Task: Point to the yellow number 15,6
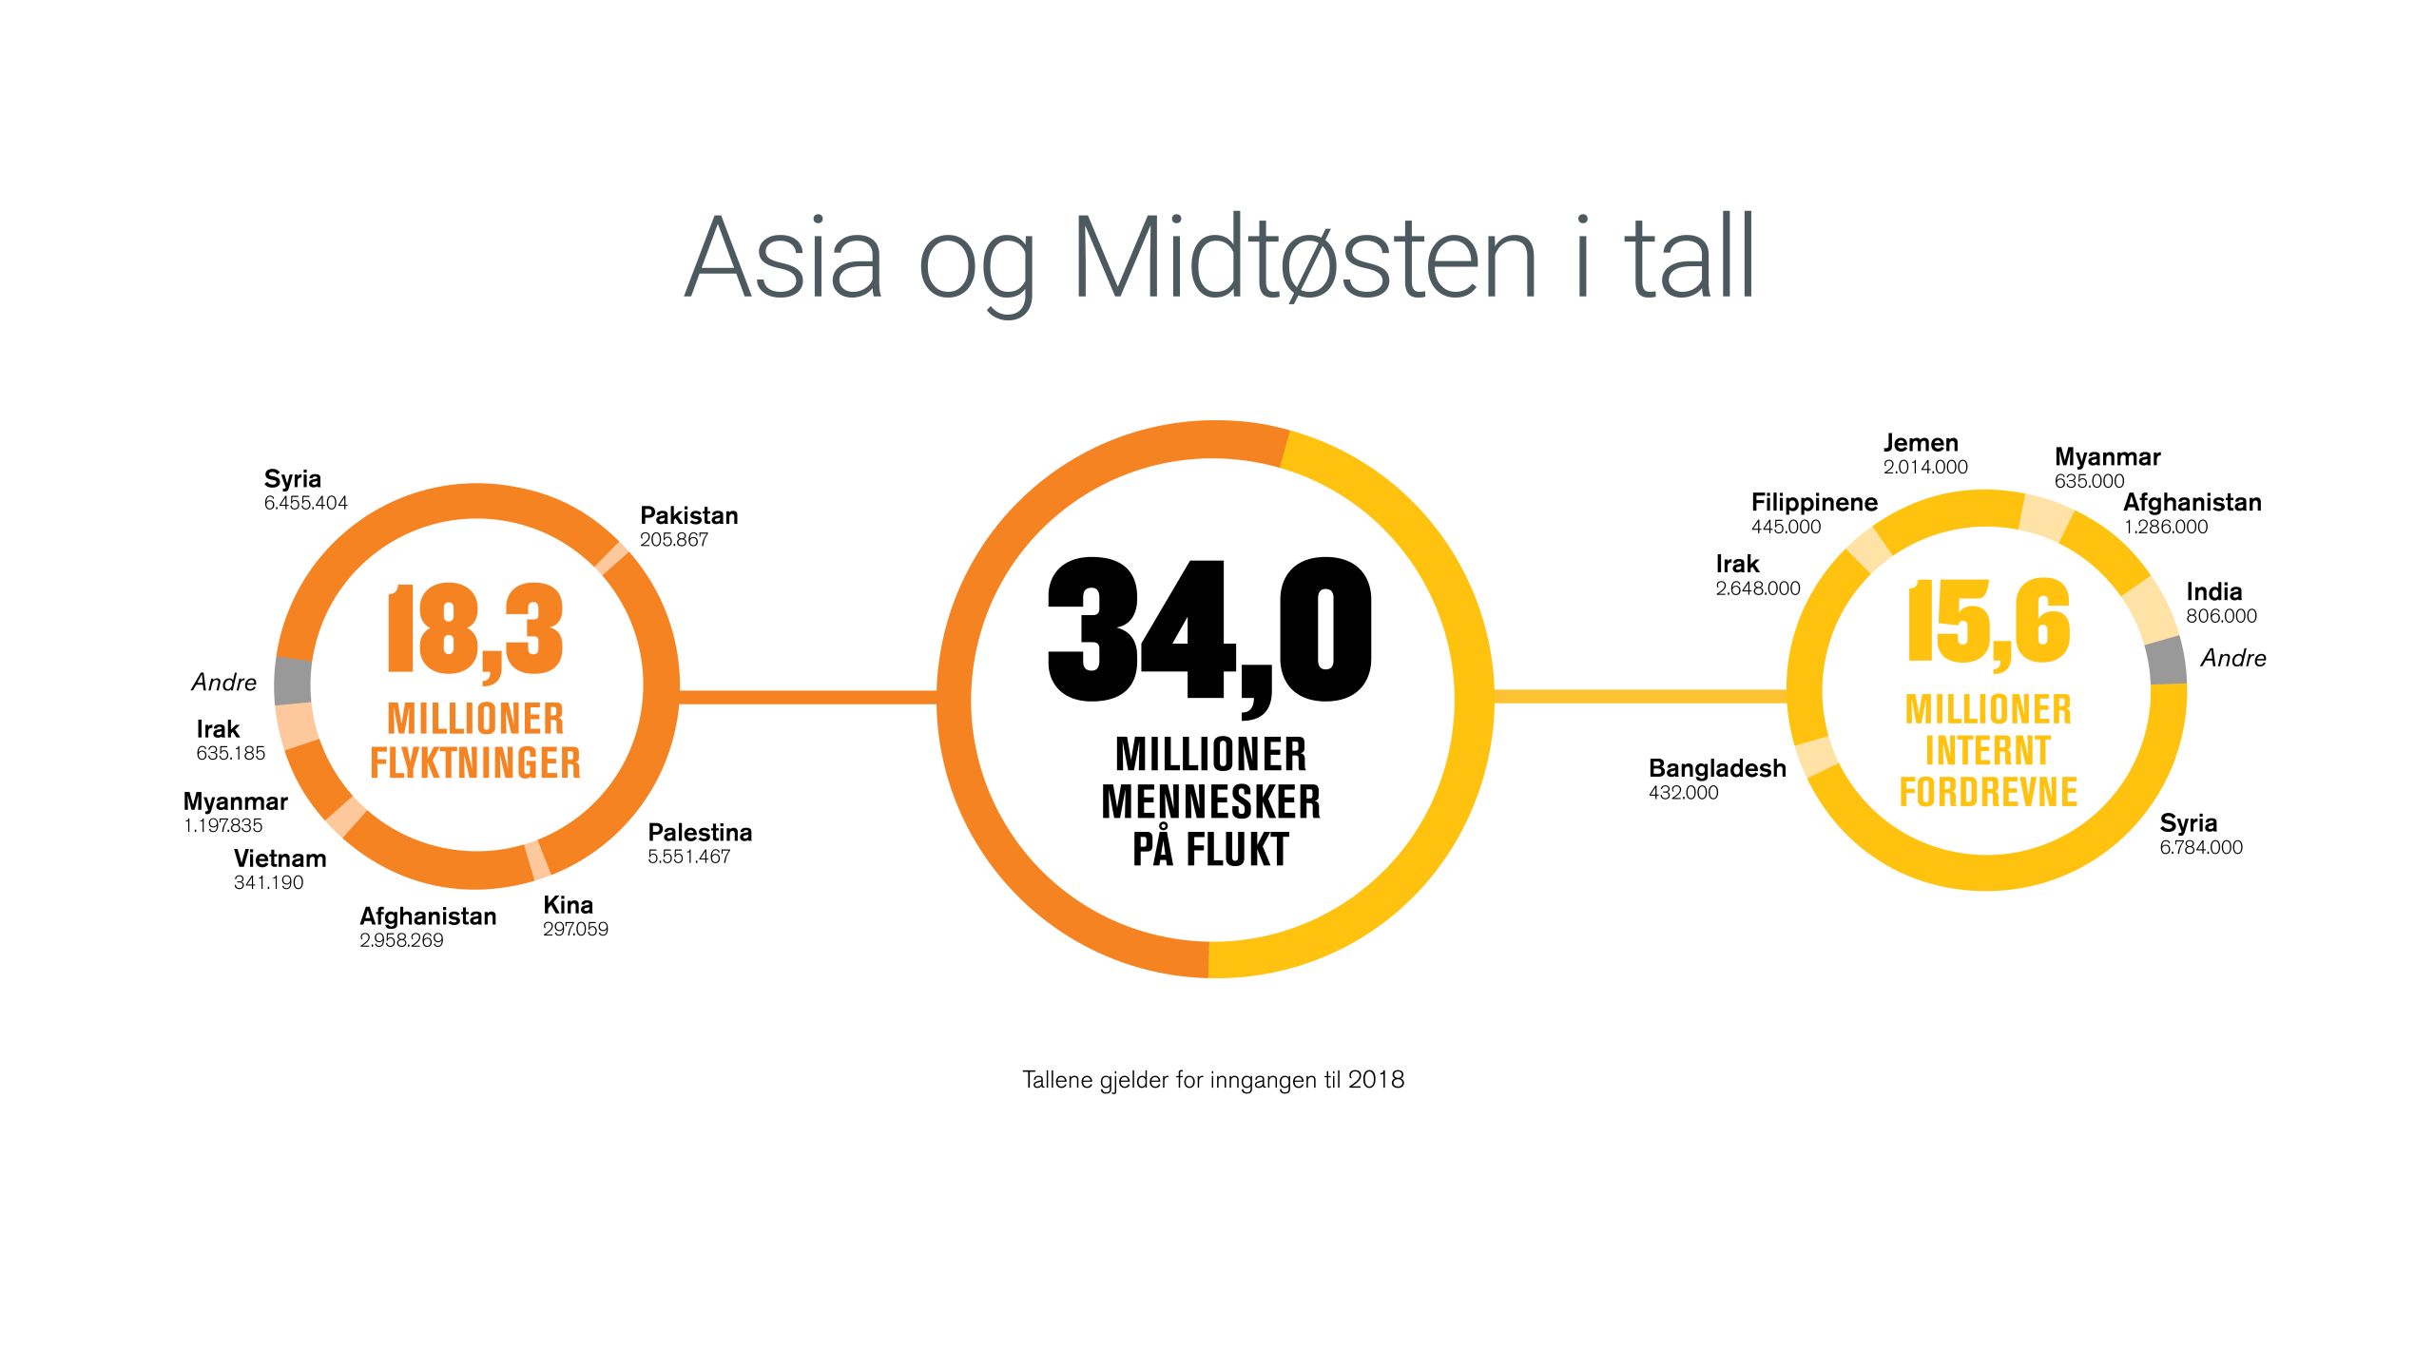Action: tap(1988, 623)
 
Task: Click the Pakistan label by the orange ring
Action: tap(689, 515)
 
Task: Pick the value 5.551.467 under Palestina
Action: tap(689, 857)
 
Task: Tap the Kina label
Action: tap(568, 905)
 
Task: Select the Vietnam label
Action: tap(280, 858)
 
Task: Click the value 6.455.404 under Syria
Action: tap(306, 503)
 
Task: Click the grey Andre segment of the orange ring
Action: tap(293, 681)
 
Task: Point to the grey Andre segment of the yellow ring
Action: tap(2167, 661)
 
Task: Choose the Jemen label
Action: tap(1921, 443)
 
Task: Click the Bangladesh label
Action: tap(1717, 769)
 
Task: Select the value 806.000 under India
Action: tap(2221, 616)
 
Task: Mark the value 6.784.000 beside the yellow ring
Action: tap(2201, 847)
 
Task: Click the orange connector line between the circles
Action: tap(808, 698)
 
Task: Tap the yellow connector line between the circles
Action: tap(1641, 697)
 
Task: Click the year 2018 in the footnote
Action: tap(1376, 1080)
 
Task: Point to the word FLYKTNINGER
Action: tap(475, 763)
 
